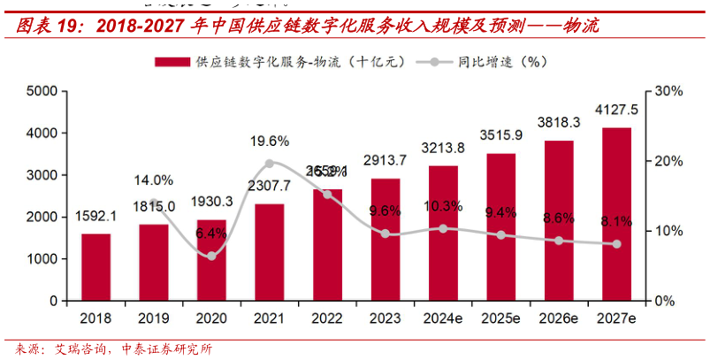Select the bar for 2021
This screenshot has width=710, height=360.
pyautogui.click(x=270, y=252)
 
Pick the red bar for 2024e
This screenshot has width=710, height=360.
pyautogui.click(x=443, y=234)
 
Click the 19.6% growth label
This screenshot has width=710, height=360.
pyautogui.click(x=270, y=142)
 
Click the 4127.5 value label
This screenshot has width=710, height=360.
pyautogui.click(x=616, y=110)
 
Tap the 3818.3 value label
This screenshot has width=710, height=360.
pyautogui.click(x=559, y=122)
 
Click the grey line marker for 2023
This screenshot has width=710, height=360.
pyautogui.click(x=385, y=234)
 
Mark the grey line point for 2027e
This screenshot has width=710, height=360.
pyautogui.click(x=616, y=244)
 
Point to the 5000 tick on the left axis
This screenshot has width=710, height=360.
pyautogui.click(x=41, y=91)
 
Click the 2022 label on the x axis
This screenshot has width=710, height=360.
pyautogui.click(x=327, y=317)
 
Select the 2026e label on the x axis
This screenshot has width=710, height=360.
pyautogui.click(x=559, y=317)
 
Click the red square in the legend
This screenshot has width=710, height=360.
pyautogui.click(x=172, y=62)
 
